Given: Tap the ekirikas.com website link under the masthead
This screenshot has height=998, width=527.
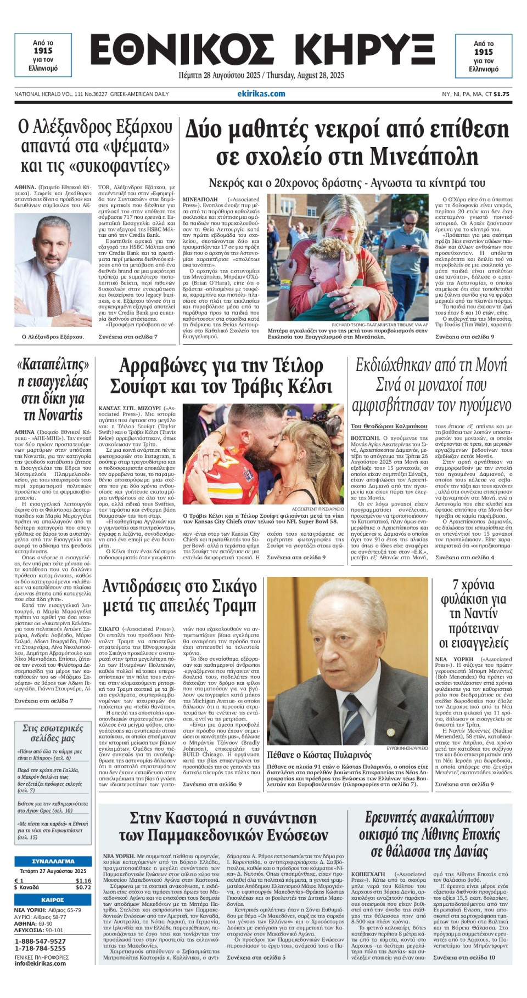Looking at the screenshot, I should coord(261,94).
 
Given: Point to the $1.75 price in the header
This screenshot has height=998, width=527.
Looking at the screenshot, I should coord(501,94).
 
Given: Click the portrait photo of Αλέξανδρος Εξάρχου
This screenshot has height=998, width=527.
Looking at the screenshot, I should coord(53,271).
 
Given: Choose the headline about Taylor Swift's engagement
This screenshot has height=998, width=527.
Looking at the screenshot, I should coord(221,376).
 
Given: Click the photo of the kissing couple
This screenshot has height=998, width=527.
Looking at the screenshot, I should coord(263,454).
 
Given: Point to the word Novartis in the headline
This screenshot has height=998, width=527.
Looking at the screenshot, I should coord(53,415).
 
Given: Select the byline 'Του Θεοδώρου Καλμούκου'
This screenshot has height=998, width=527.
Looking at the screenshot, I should coord(389,426).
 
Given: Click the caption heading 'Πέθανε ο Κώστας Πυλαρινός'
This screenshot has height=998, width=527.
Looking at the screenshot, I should coord(319,755).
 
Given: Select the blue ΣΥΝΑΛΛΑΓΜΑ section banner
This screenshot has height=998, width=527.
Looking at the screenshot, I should coord(53,861).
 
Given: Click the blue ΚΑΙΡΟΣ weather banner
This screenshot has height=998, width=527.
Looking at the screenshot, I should coord(53,900).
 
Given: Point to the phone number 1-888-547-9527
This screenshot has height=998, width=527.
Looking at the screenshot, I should coord(40,941).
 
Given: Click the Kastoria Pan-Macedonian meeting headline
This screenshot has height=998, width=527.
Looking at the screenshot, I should coord(223,826).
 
